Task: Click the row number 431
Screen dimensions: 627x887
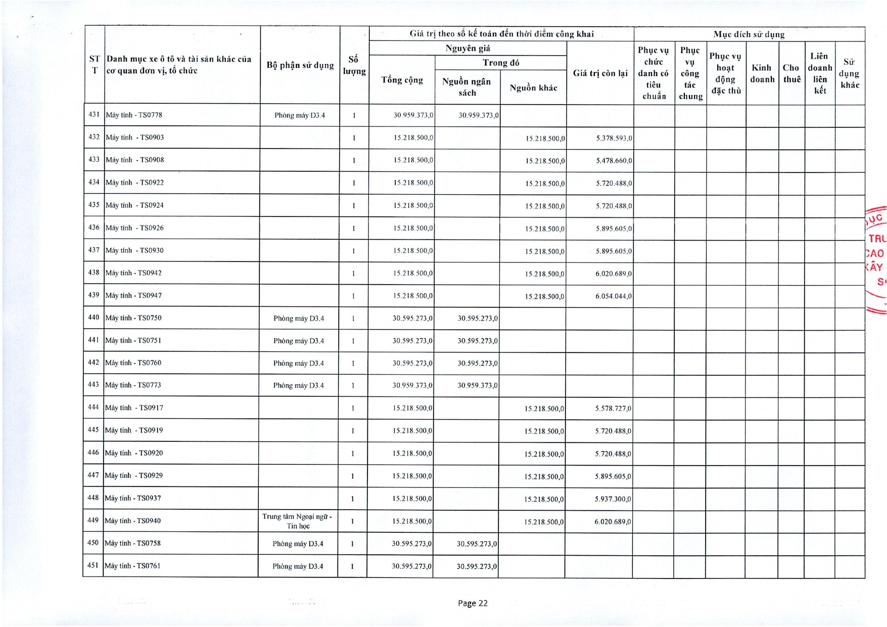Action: tap(94, 115)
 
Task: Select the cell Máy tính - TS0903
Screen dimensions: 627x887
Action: tap(134, 138)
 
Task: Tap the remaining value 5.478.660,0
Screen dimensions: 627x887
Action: tap(614, 161)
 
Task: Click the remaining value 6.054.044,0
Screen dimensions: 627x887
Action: tap(613, 296)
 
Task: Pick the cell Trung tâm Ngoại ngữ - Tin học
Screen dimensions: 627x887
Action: tap(298, 521)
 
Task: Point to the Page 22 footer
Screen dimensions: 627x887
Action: tap(473, 603)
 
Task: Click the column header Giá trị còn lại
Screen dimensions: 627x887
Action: tap(600, 73)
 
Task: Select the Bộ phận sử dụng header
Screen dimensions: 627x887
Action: tap(300, 65)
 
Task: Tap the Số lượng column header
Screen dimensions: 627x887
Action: tap(354, 65)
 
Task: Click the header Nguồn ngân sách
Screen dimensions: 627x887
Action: tap(467, 87)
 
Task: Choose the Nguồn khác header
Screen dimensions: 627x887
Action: tap(533, 88)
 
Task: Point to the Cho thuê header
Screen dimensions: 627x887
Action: tap(791, 73)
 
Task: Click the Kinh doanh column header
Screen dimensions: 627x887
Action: tap(762, 73)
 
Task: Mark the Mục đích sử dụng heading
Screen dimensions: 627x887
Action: tap(749, 34)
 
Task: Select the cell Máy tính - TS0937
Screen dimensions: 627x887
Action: tap(133, 498)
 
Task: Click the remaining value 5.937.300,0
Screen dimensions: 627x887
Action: tap(613, 499)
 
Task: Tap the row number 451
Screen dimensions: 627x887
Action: tap(93, 565)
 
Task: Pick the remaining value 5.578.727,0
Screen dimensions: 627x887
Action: tap(613, 409)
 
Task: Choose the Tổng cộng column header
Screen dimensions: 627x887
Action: tap(402, 80)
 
